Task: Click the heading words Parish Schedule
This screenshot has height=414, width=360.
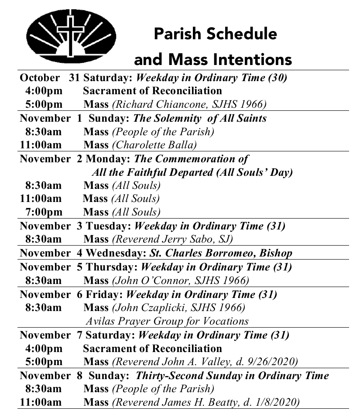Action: [215, 34]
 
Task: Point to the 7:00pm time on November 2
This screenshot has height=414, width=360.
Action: [43, 212]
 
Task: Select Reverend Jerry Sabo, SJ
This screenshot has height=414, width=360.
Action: [172, 239]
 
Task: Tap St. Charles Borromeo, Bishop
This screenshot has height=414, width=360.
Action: [221, 253]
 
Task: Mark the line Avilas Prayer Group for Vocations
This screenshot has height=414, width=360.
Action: [167, 322]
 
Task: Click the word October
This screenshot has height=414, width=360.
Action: [40, 78]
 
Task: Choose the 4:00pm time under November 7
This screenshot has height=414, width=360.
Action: [43, 349]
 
